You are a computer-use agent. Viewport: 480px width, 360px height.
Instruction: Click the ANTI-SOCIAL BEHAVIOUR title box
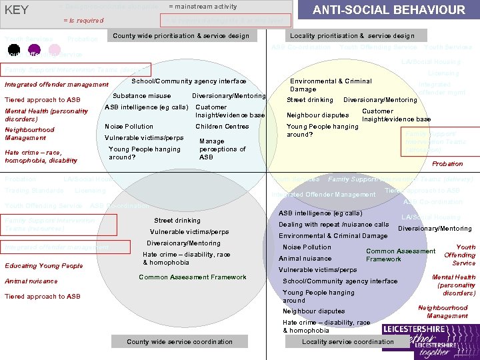tap(390, 11)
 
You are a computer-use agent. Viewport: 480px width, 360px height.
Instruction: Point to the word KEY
tap(17, 10)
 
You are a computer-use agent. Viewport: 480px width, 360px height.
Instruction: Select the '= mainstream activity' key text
tap(203, 7)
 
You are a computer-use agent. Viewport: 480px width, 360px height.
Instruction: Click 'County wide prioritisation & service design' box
tap(181, 36)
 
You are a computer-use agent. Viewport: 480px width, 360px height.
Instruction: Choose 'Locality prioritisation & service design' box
tap(352, 36)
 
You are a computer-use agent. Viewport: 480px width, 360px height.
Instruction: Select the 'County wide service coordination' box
tap(180, 342)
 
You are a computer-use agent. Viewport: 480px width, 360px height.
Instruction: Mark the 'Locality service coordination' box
tap(347, 342)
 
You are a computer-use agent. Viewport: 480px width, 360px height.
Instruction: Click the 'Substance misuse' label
tap(142, 96)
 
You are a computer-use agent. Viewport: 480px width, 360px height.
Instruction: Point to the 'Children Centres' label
tap(222, 126)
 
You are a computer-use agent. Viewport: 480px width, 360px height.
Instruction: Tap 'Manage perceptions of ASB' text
tap(222, 149)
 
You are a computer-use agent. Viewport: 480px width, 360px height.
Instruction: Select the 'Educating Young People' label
tap(44, 266)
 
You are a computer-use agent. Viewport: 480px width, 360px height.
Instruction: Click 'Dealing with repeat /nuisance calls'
tap(333, 225)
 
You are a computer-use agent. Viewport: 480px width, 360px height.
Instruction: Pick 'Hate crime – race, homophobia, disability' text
tap(41, 156)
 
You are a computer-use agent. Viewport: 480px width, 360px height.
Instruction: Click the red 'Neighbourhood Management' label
tap(29, 133)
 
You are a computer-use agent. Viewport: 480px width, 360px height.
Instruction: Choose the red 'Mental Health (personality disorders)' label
tap(46, 115)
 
